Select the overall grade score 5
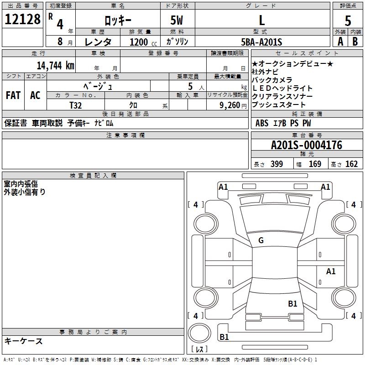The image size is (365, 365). pyautogui.click(x=348, y=21)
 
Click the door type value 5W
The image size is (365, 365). pyautogui.click(x=177, y=20)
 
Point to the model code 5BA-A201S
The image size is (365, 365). pyautogui.click(x=262, y=42)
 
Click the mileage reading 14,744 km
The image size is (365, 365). pyautogui.click(x=55, y=65)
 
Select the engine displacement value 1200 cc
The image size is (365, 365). pyautogui.click(x=141, y=42)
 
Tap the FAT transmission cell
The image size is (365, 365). pyautogui.click(x=13, y=95)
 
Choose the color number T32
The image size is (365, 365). pyautogui.click(x=75, y=105)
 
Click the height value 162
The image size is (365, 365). pyautogui.click(x=351, y=164)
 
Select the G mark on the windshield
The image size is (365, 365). pyautogui.click(x=261, y=240)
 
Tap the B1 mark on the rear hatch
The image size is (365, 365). pyautogui.click(x=292, y=303)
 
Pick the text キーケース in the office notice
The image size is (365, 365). pyautogui.click(x=23, y=341)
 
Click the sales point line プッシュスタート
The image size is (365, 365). pyautogui.click(x=278, y=105)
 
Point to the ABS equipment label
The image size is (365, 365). pyautogui.click(x=262, y=123)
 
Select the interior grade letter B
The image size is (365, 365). pyautogui.click(x=355, y=42)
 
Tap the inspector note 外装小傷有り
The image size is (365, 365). pyautogui.click(x=25, y=192)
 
